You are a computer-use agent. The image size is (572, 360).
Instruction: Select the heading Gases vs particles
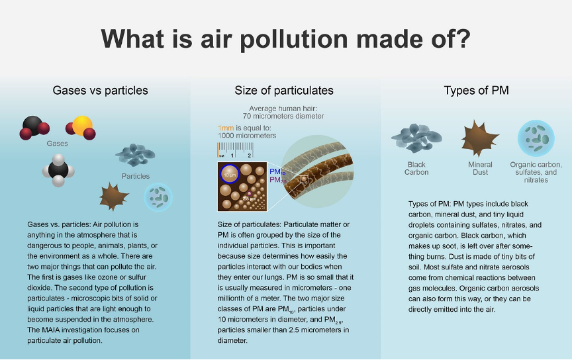point(101,90)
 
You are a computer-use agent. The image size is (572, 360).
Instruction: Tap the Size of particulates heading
point(284,90)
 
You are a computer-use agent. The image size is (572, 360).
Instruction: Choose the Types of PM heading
point(476,90)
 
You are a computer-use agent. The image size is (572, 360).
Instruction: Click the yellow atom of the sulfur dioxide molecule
point(82,125)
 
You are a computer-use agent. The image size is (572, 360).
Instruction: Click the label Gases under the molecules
point(58,143)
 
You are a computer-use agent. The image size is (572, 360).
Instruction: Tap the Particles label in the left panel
point(136,176)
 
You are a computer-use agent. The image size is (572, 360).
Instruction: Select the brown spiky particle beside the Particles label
point(114,197)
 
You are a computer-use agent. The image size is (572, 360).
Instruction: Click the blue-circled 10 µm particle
point(230,173)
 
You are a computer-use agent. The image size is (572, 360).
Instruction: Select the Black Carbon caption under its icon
point(416,168)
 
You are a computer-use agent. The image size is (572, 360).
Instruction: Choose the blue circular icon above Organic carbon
point(536,138)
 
